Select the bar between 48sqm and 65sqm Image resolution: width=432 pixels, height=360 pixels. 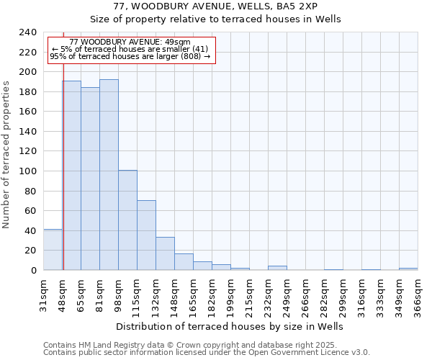(x=71, y=176)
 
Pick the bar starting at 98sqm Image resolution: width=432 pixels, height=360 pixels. (x=127, y=220)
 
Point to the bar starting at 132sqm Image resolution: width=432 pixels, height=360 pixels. (x=165, y=253)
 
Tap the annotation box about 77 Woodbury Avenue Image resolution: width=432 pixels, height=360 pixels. (x=130, y=49)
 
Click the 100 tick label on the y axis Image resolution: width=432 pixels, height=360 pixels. (x=27, y=171)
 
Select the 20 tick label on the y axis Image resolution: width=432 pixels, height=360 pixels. (x=30, y=251)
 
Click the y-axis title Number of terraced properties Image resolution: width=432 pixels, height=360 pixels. (x=7, y=155)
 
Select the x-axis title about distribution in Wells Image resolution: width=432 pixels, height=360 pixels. (x=230, y=326)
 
